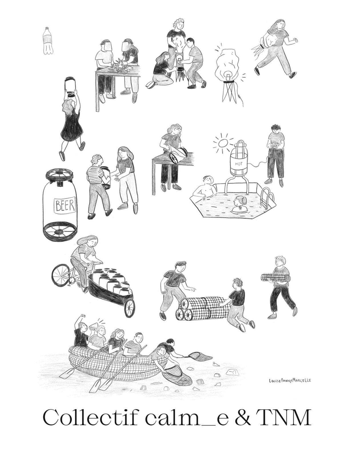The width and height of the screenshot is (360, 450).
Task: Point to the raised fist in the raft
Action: [x=83, y=316]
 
